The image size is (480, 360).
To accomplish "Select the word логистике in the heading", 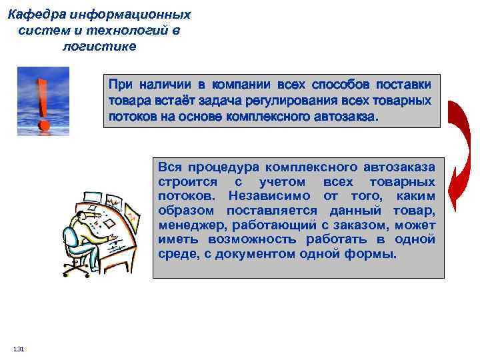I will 99,46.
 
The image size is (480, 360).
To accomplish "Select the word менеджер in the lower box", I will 187,225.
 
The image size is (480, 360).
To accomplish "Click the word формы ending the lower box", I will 373,255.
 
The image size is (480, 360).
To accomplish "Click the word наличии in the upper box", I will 165,85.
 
